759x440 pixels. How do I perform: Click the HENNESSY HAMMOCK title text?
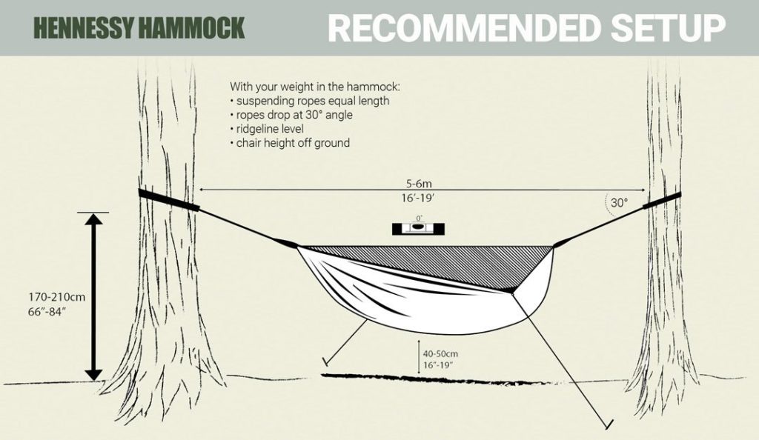(x=139, y=28)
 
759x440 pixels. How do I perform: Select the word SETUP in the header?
(x=669, y=27)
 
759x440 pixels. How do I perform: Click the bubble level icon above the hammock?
(x=418, y=228)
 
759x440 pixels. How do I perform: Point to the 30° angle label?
(x=619, y=203)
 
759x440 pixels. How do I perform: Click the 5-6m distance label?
(x=419, y=184)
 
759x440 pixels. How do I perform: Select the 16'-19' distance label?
(x=418, y=198)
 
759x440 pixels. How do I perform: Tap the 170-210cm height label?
(x=56, y=297)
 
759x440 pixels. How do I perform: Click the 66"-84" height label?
(x=47, y=311)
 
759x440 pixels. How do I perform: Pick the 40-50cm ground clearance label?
(x=440, y=354)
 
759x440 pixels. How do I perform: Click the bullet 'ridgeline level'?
(x=267, y=129)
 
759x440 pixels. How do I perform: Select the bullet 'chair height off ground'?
(x=290, y=143)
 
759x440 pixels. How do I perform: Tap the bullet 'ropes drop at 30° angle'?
(x=291, y=115)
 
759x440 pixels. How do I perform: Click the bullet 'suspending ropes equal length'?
(x=310, y=101)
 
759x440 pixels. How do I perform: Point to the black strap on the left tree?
(x=168, y=200)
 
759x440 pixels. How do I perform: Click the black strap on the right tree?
(x=662, y=201)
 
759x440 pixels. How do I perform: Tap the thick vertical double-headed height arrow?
(x=93, y=297)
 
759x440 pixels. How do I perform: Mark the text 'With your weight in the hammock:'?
(x=315, y=87)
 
